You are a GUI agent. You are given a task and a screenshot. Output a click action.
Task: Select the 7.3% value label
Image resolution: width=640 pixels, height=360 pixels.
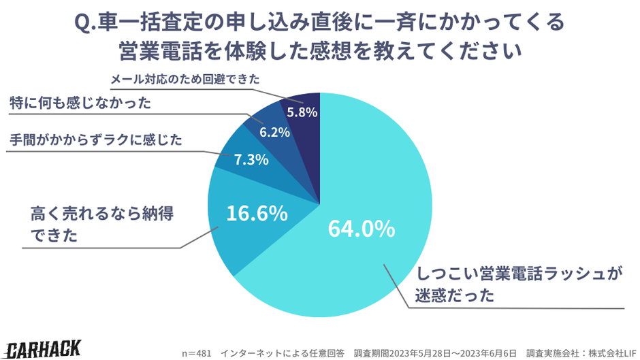[x=251, y=160]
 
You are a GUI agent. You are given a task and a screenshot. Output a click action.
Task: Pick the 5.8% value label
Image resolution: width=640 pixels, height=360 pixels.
[x=302, y=112]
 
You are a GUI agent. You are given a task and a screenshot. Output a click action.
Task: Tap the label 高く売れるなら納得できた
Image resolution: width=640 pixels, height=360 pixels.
[x=102, y=225]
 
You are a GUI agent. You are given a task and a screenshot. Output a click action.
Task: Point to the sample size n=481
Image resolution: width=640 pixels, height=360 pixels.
[x=197, y=353]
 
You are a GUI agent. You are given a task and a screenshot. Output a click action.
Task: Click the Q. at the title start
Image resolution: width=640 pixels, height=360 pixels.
[x=86, y=23]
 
